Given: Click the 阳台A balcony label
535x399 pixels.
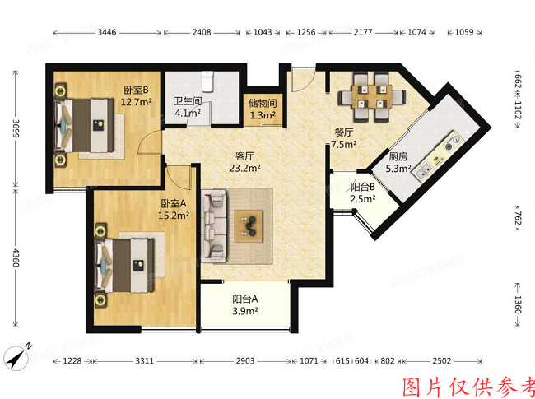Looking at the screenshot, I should coord(245,304).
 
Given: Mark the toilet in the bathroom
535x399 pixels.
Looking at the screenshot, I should coord(210,80).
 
